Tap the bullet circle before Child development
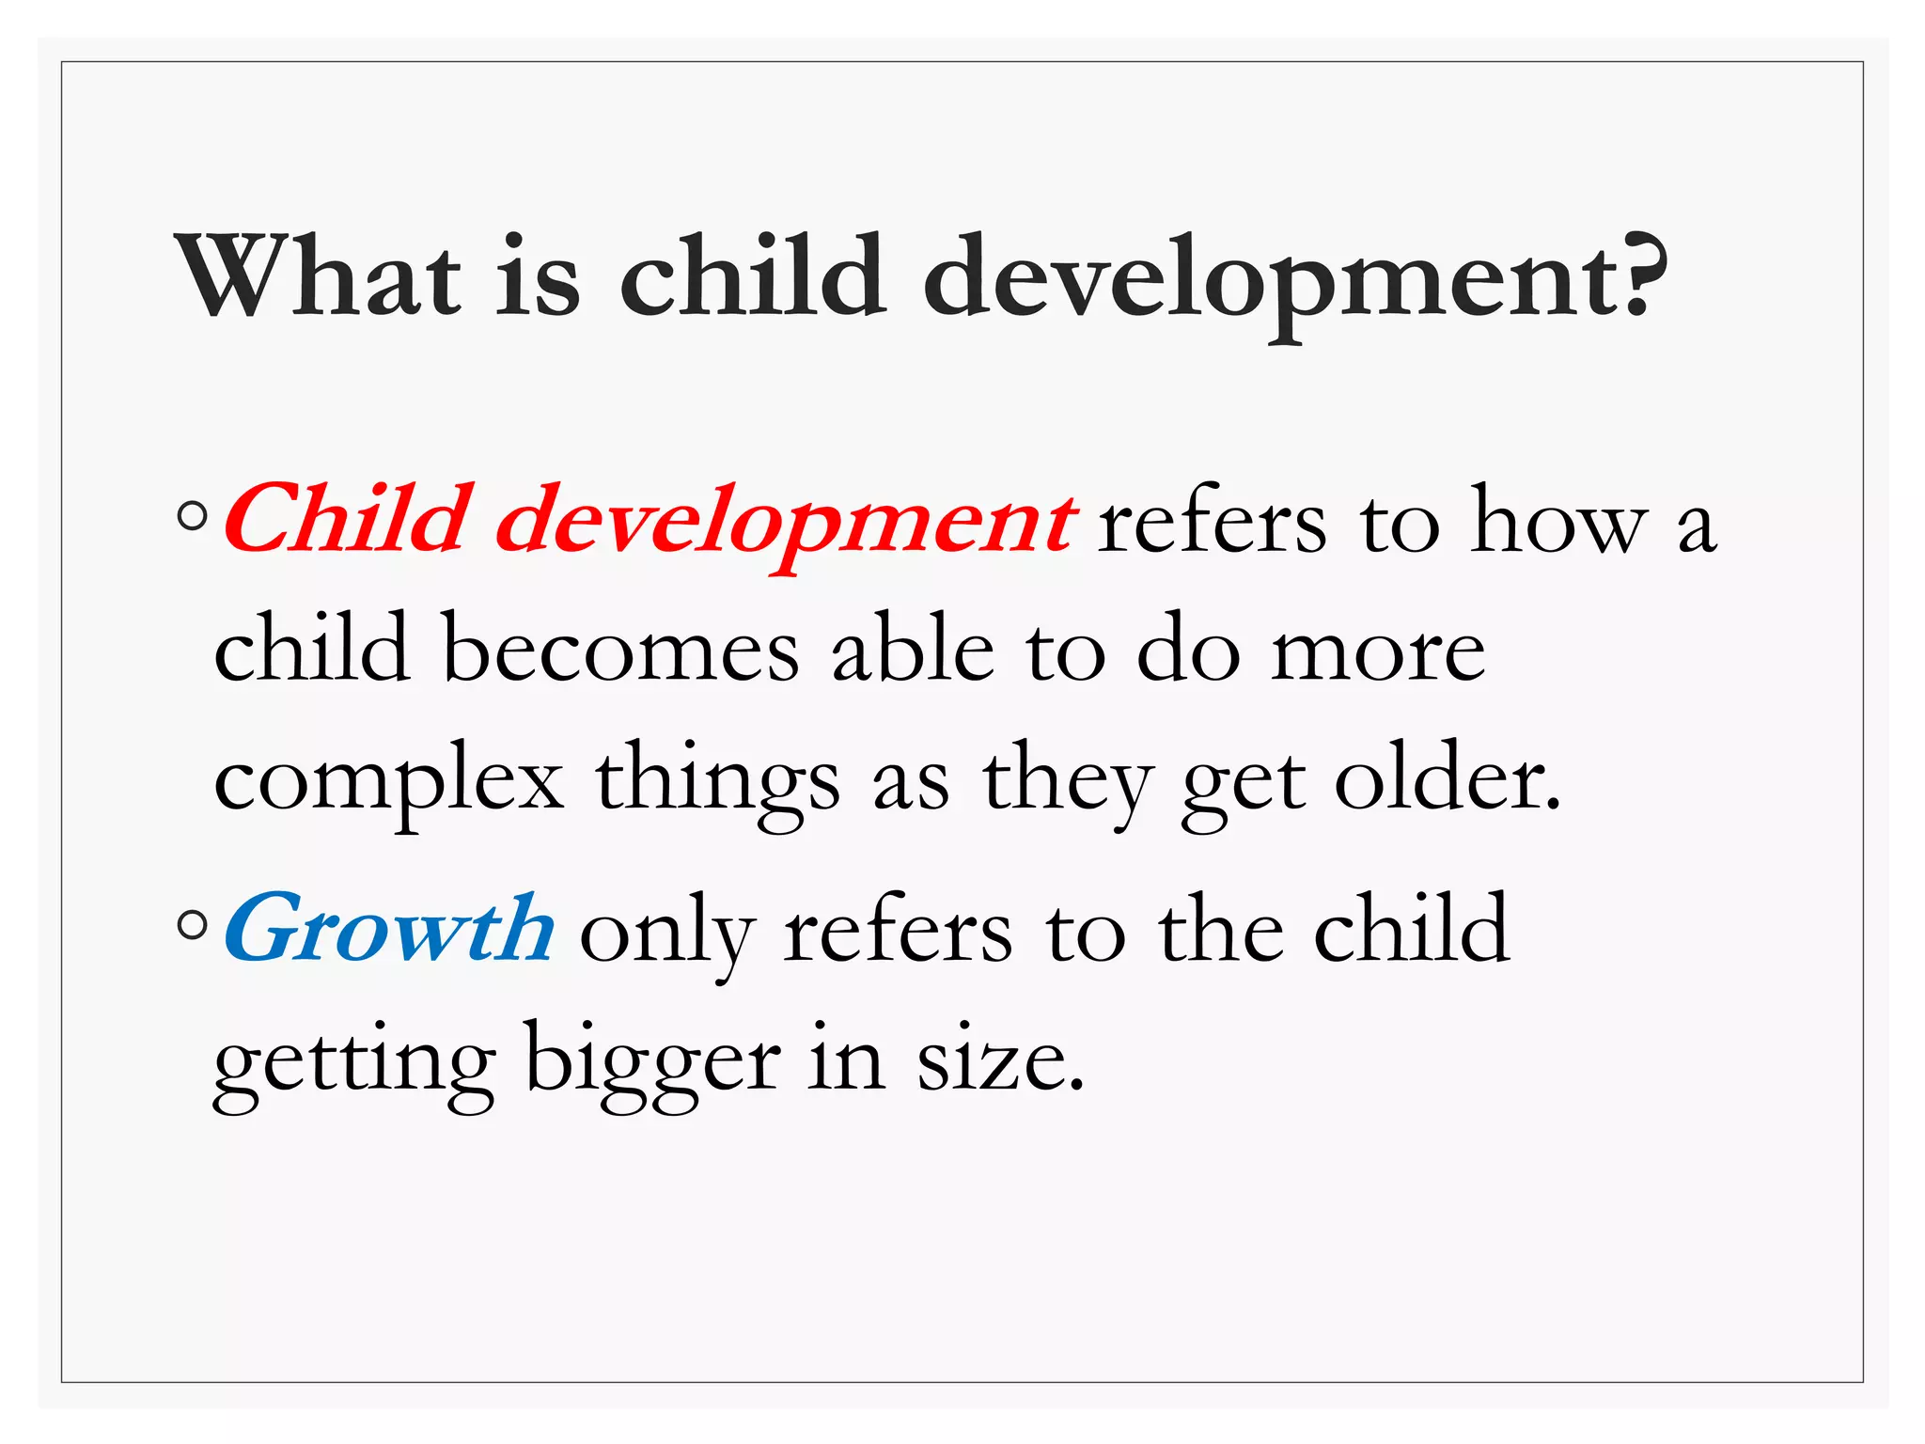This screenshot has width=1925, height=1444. click(x=193, y=516)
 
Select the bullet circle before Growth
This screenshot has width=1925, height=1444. click(x=193, y=925)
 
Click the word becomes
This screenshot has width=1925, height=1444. click(x=620, y=649)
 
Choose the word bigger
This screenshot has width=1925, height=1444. click(x=652, y=1063)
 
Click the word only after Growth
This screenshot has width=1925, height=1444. click(x=667, y=934)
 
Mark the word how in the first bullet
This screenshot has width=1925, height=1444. click(x=1559, y=523)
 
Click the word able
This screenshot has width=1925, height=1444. click(x=913, y=649)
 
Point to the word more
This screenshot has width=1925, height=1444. click(x=1378, y=654)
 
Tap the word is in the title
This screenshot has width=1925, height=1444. click(x=538, y=277)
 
